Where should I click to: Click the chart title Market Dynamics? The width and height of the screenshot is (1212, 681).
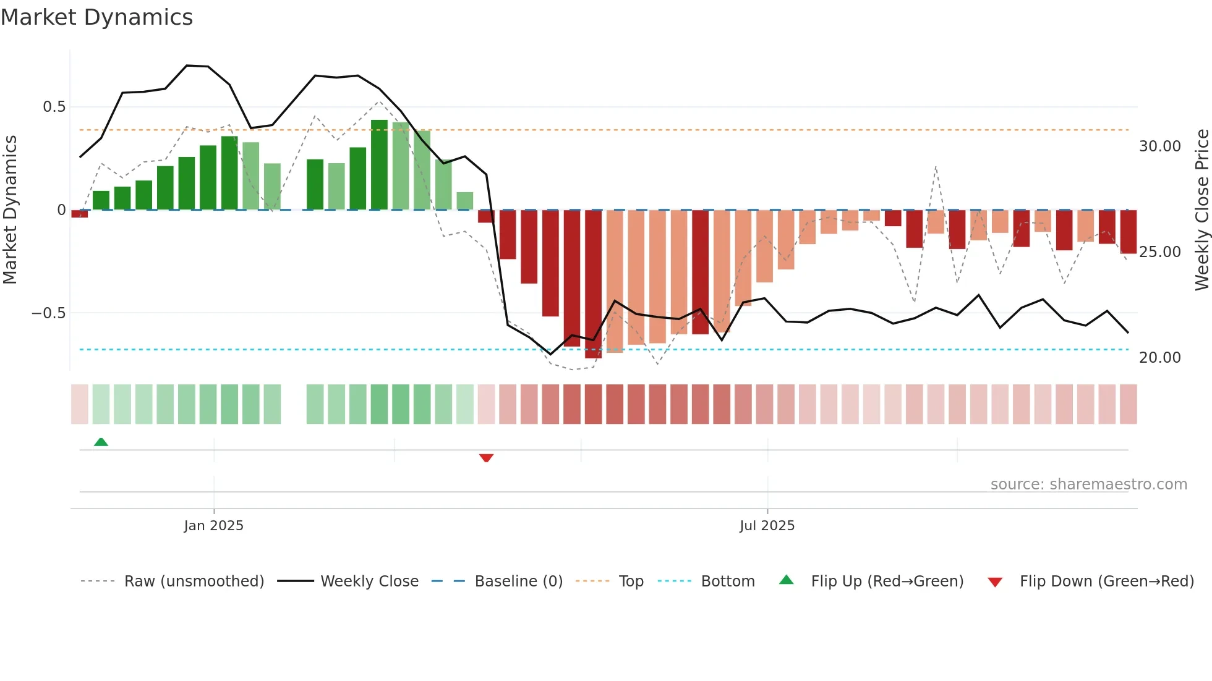tap(96, 17)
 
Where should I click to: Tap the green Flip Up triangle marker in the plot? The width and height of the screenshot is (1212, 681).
tap(101, 442)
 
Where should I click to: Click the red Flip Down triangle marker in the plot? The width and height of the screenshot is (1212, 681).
tap(486, 458)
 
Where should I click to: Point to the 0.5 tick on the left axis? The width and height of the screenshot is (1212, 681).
tap(54, 107)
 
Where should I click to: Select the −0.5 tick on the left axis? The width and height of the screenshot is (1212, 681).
tap(48, 313)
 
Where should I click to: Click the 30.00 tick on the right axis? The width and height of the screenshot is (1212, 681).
tap(1159, 146)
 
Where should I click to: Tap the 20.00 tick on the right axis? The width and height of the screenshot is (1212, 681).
tap(1159, 358)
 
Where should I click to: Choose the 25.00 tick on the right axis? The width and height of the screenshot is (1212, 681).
tap(1159, 252)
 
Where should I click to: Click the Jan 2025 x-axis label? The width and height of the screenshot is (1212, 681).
tap(213, 526)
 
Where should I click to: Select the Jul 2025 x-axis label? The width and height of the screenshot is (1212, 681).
tap(767, 526)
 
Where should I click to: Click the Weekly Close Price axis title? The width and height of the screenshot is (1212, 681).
tap(1201, 209)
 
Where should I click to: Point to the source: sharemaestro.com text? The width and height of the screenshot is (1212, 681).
tap(1088, 484)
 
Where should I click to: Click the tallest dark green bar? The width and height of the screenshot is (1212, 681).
tap(379, 165)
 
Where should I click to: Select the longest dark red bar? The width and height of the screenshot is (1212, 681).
tap(593, 284)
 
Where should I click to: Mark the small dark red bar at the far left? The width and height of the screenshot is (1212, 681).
tap(79, 214)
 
